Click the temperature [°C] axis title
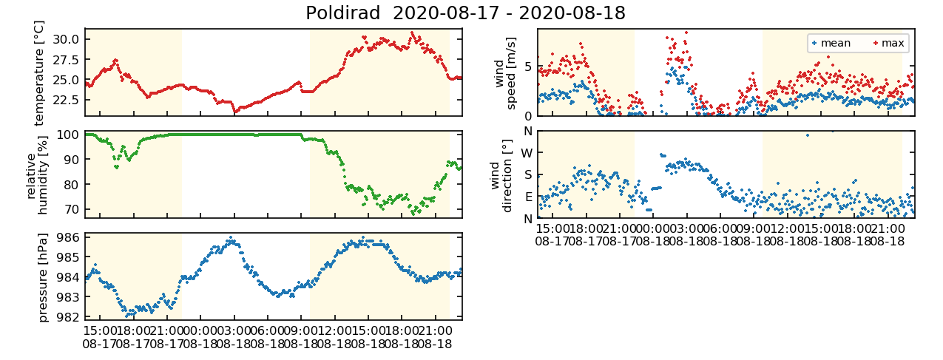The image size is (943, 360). tap(39, 72)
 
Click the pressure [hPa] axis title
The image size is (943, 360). tap(42, 277)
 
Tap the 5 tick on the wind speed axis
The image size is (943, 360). tap(527, 67)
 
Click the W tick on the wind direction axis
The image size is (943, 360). tap(527, 153)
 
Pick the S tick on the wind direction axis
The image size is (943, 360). tap(528, 175)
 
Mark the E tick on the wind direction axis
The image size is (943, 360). tap(528, 197)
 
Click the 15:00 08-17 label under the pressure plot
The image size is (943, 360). tap(99, 337)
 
